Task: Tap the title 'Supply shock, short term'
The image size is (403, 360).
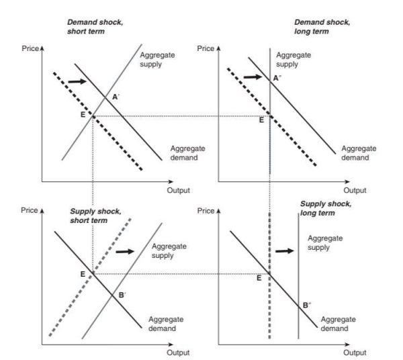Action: [96, 215]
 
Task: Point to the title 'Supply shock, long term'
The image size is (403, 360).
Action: [326, 208]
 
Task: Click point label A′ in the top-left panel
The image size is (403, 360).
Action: [116, 97]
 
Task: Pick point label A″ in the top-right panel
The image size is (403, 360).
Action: [276, 79]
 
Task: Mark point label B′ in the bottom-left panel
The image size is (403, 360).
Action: [122, 294]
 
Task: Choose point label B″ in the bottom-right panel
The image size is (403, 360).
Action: [306, 305]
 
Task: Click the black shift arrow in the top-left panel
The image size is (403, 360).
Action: [78, 81]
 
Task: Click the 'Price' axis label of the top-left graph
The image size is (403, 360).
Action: [31, 49]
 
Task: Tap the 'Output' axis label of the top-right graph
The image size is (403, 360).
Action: [355, 190]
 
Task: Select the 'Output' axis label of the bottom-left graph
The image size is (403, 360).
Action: [178, 352]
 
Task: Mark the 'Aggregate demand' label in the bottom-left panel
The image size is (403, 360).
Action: [162, 324]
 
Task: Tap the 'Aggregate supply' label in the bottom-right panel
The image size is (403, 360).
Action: [325, 242]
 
